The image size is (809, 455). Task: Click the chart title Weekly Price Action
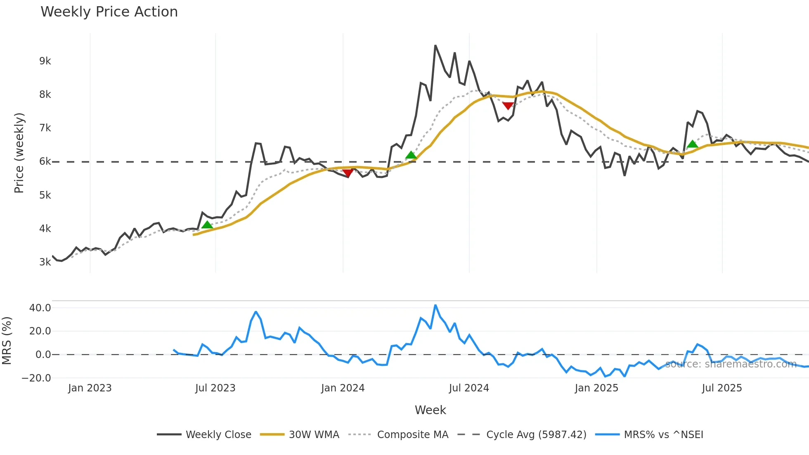[x=109, y=12]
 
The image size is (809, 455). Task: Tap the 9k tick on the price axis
[x=45, y=61]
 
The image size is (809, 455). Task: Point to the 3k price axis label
[x=45, y=262]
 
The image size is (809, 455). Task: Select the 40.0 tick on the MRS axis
[x=40, y=308]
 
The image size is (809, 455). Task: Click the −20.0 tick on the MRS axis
[x=36, y=378]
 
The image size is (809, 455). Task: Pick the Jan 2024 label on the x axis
[x=343, y=388]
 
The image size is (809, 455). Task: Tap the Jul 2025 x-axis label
[x=721, y=388]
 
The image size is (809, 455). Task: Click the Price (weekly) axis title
[x=19, y=153]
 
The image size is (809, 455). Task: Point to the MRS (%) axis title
[x=7, y=341]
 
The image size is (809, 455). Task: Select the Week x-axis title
[x=430, y=410]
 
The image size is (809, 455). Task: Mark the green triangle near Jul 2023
[x=207, y=225]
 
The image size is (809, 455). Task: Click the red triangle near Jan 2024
[x=348, y=173]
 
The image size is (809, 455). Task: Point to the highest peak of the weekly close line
[x=435, y=46]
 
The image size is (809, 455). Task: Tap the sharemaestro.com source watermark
[x=731, y=364]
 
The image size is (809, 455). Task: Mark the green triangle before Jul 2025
[x=692, y=144]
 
